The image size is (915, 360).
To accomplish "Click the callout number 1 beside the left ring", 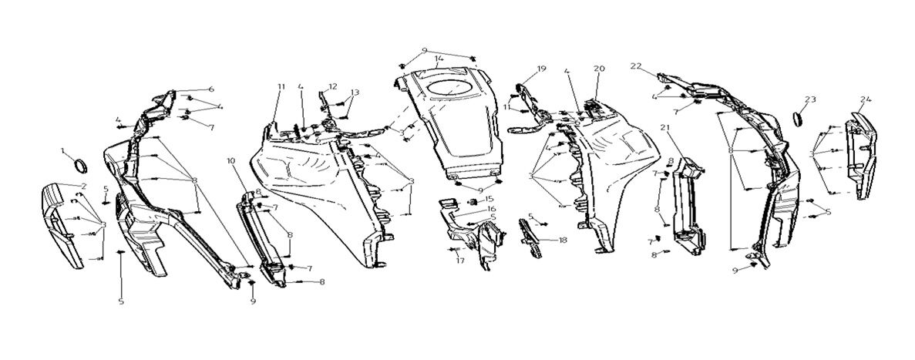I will pos(64,150).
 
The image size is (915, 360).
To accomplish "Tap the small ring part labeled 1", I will pos(80,167).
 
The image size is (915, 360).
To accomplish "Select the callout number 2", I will pos(83,187).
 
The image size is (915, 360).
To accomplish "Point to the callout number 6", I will pos(211,89).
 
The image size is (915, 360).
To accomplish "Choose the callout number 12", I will pos(333,86).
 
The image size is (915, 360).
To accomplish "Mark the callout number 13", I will pos(355,93).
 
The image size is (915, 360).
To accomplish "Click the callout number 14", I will pos(438,59).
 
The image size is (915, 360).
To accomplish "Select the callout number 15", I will pos(489,200).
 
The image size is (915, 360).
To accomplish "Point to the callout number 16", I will pos(490,209).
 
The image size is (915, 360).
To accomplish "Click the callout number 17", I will pos(459,261).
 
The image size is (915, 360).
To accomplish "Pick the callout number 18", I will pos(563,241).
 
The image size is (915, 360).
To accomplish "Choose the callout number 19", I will pos(541,69).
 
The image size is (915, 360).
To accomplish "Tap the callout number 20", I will pos(599,69).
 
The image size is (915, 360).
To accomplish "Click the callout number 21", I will pos(664,126).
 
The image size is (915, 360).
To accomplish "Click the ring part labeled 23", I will pos(799,120).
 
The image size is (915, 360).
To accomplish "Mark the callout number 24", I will pos(866,100).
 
